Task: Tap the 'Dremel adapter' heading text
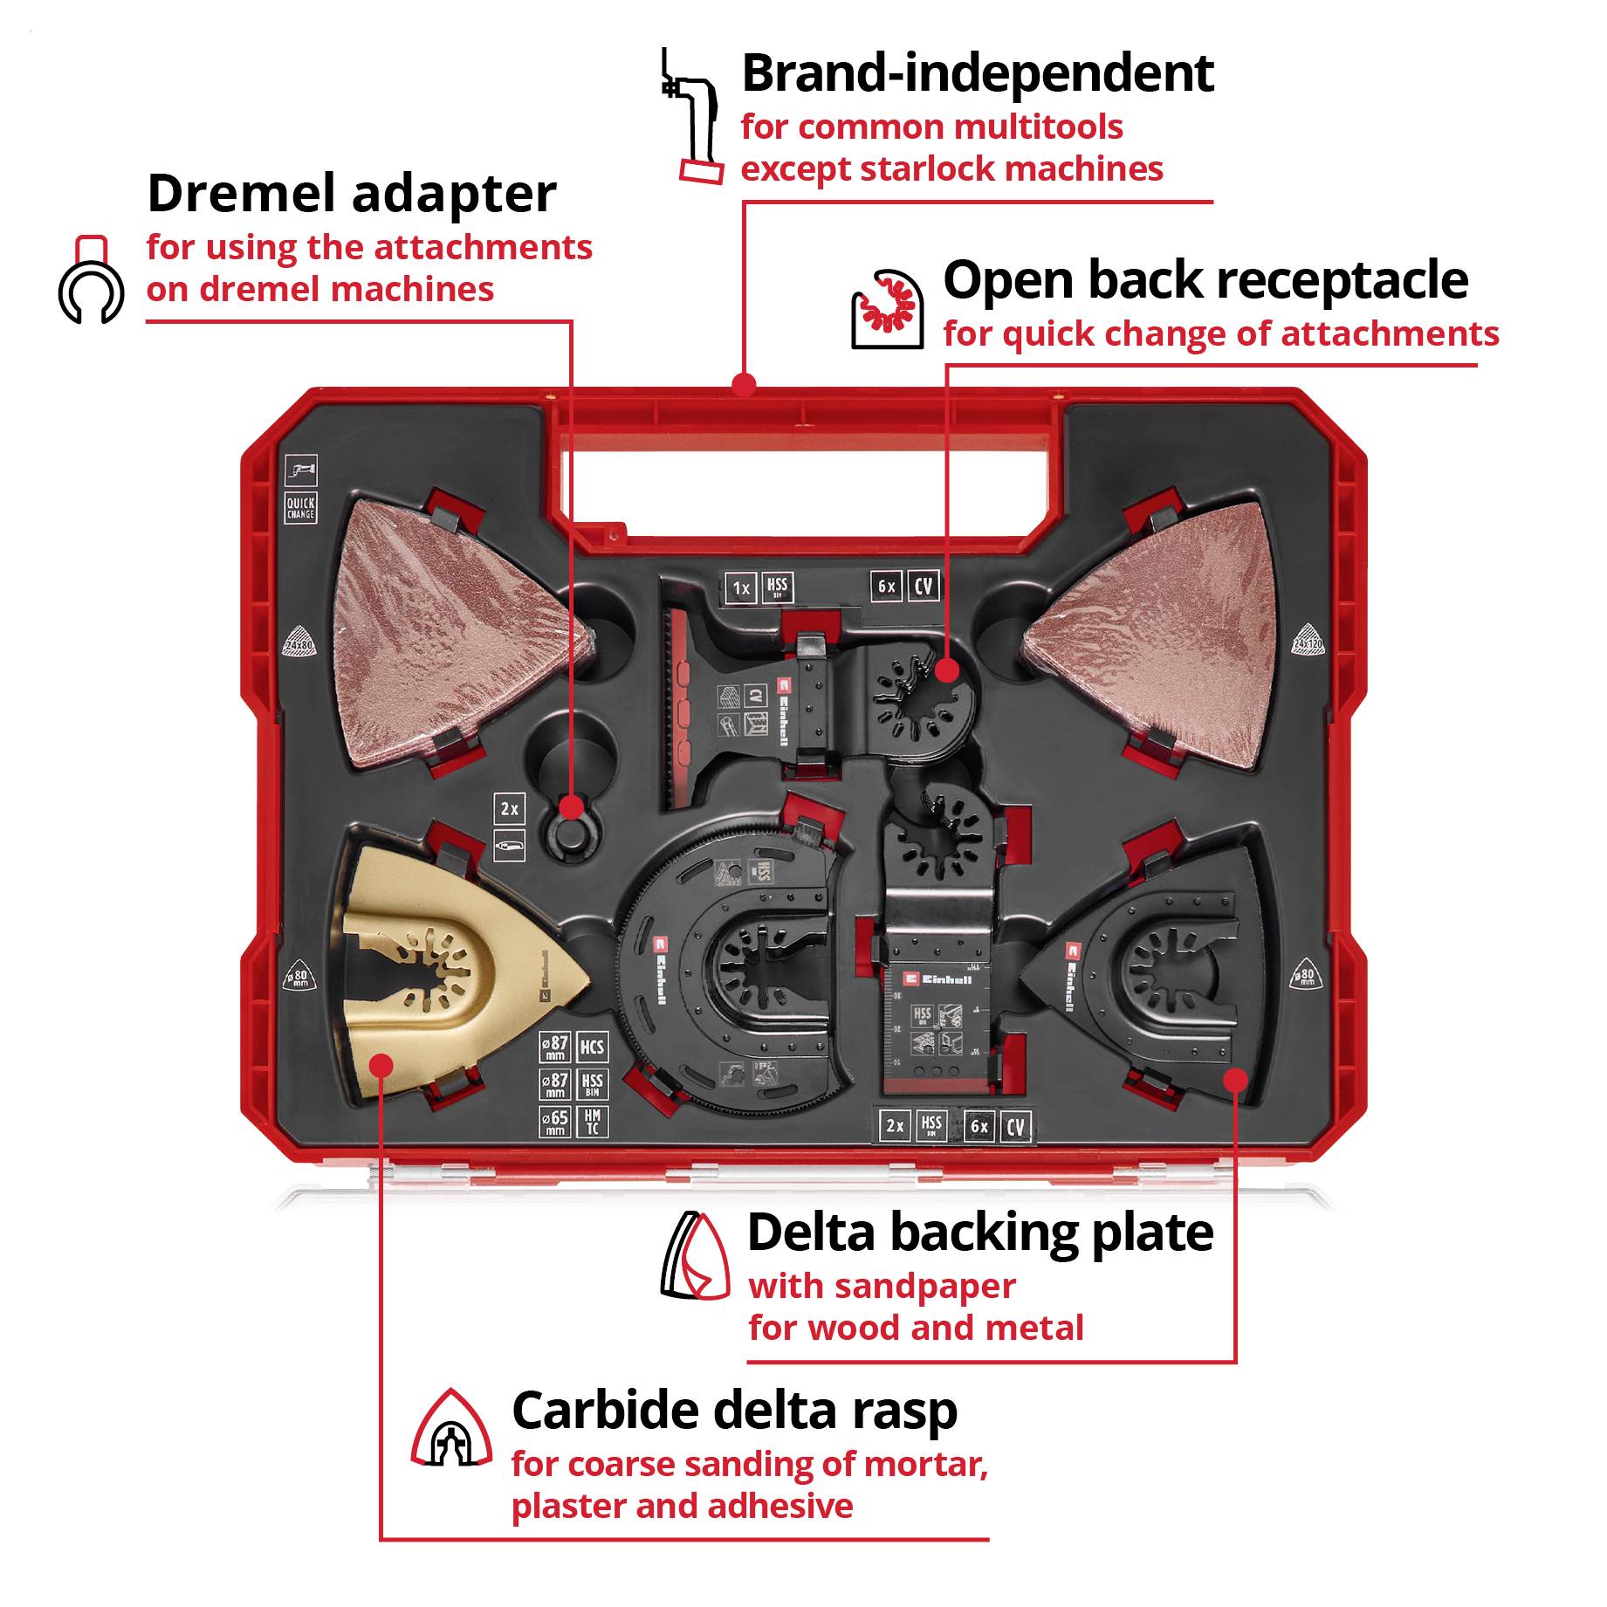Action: point(351,193)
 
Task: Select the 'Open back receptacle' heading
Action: point(1205,280)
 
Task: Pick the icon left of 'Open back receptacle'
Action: point(887,309)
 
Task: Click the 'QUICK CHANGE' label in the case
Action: point(300,508)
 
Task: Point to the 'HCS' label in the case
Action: point(592,1047)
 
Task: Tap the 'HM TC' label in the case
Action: point(592,1121)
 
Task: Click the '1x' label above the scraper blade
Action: point(741,588)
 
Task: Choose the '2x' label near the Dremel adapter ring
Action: point(509,809)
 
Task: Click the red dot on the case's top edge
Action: point(744,384)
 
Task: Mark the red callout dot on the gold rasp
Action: point(381,1064)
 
